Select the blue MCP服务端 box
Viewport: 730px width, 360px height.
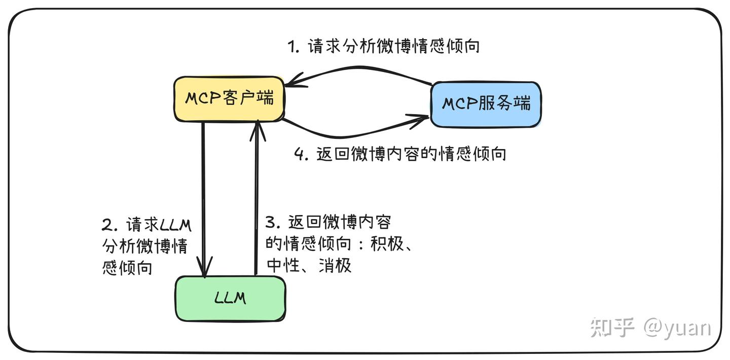486,104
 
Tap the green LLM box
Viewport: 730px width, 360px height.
230,298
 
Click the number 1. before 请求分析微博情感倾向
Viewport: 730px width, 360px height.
295,47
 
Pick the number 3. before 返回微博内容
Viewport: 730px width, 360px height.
273,223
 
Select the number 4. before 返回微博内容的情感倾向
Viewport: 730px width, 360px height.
302,154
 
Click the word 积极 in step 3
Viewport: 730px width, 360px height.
387,244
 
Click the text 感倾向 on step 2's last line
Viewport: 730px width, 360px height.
127,267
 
